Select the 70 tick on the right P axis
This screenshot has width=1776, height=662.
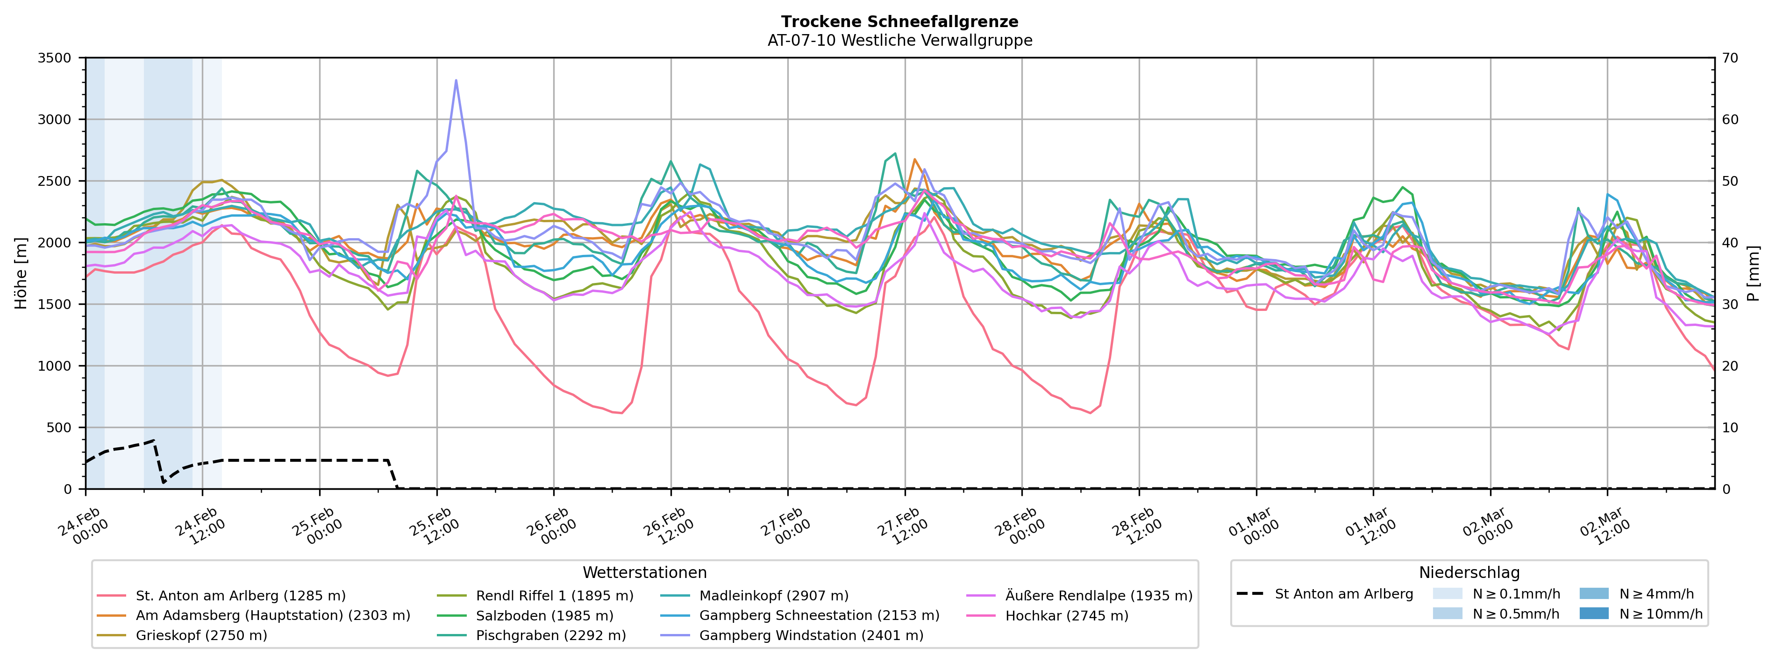coord(1730,58)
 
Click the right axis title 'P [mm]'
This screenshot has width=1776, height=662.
coord(1753,274)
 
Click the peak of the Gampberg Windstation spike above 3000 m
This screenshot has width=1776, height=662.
coord(456,81)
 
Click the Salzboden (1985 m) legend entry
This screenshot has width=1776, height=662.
coord(544,616)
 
